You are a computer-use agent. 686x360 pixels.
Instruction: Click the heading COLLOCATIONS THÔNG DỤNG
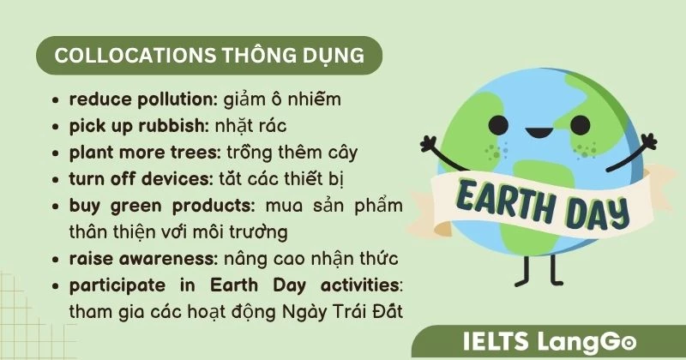tap(208, 56)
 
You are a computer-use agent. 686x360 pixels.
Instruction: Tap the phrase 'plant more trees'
tap(143, 153)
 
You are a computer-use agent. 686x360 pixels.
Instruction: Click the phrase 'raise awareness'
tap(142, 258)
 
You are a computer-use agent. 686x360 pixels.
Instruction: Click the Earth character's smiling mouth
tap(538, 135)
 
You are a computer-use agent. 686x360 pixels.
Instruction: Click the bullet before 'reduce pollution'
tap(57, 100)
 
